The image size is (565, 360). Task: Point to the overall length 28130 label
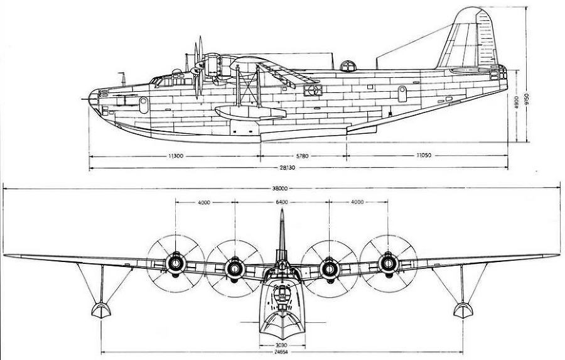point(299,168)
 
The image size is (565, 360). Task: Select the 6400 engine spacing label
point(281,202)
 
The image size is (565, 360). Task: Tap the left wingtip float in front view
point(100,310)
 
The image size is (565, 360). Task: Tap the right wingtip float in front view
point(463,310)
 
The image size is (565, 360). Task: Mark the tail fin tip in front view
point(281,212)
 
